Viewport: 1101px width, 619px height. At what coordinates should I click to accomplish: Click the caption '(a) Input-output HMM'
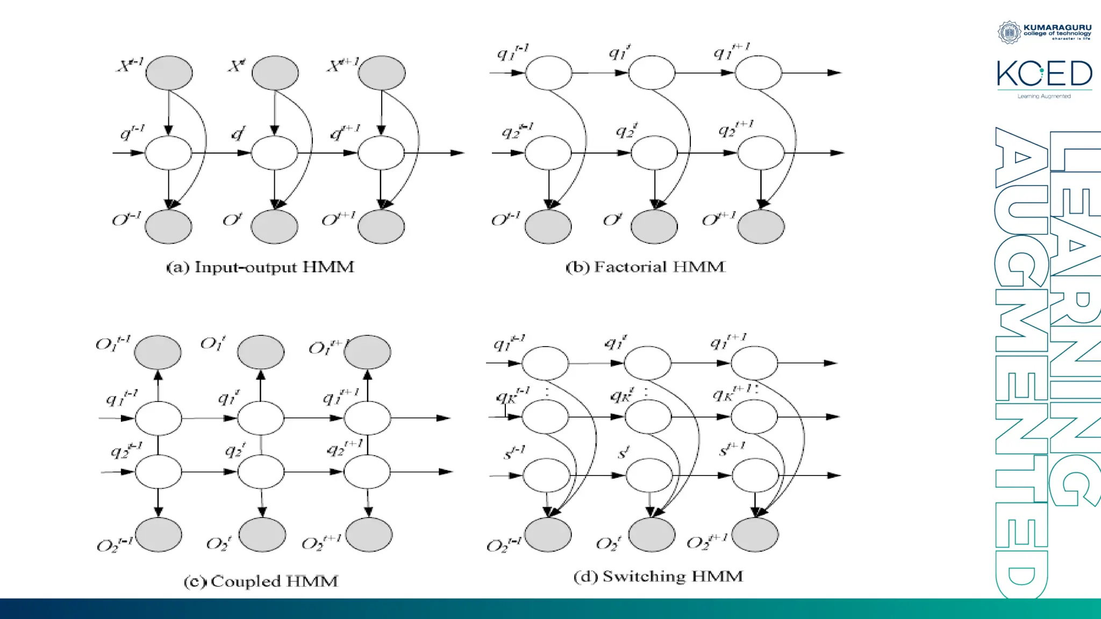(260, 267)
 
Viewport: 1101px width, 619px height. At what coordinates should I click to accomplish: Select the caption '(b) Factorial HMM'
(645, 267)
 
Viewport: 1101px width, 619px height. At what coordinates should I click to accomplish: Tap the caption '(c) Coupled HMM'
(261, 581)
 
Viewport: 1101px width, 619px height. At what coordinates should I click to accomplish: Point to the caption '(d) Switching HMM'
(658, 577)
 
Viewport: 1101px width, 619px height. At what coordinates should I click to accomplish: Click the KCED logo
(1044, 74)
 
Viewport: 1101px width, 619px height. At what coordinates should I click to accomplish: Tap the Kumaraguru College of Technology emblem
(1009, 32)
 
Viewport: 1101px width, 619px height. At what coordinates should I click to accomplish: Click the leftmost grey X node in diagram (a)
(169, 73)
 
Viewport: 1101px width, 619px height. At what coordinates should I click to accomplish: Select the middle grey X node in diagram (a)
(275, 73)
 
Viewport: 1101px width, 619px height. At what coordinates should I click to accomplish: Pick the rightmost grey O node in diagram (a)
(381, 226)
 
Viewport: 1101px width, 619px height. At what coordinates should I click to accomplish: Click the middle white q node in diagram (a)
(274, 153)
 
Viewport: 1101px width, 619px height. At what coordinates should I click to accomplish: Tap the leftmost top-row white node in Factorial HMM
(548, 73)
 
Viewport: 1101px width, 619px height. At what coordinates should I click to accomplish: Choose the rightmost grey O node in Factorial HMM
(761, 226)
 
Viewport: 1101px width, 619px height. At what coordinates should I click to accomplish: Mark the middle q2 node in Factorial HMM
(654, 153)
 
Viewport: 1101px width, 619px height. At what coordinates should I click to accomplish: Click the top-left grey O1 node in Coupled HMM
(158, 352)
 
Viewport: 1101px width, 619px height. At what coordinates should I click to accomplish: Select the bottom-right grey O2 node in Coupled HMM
(369, 535)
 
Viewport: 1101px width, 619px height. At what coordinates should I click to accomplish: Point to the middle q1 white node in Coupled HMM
(261, 418)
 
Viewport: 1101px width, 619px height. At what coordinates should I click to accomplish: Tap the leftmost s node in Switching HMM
(546, 476)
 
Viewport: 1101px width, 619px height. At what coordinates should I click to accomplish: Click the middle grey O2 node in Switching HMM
(652, 535)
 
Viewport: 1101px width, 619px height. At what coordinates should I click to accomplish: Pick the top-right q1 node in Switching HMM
(754, 363)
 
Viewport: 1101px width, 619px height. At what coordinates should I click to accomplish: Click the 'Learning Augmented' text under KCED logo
(1044, 96)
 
